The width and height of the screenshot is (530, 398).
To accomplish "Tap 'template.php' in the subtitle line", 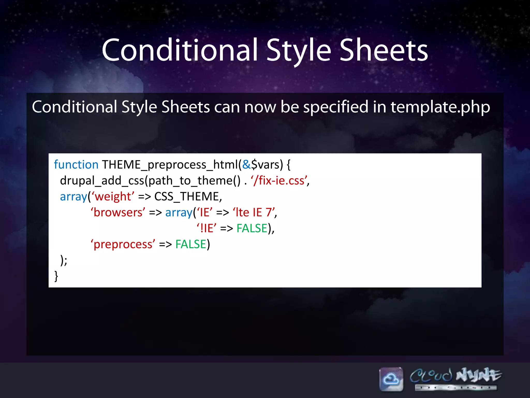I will click(440, 107).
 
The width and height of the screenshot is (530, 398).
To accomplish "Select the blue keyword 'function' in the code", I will click(76, 165).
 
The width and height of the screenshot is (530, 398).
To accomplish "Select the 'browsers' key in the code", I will click(118, 212).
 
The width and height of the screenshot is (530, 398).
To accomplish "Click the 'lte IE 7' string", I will click(254, 212).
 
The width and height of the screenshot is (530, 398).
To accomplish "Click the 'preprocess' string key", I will click(123, 244).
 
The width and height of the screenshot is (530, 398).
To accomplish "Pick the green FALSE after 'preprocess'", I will click(191, 244).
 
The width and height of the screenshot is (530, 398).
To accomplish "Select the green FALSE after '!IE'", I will click(252, 229).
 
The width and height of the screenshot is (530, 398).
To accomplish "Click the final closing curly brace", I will click(56, 276).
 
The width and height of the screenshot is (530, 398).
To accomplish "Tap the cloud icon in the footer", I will click(391, 379).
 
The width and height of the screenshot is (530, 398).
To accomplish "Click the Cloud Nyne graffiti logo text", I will click(455, 376).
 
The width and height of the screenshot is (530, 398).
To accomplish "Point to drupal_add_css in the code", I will click(102, 181).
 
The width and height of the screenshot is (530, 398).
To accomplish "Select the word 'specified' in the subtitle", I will click(336, 107).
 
